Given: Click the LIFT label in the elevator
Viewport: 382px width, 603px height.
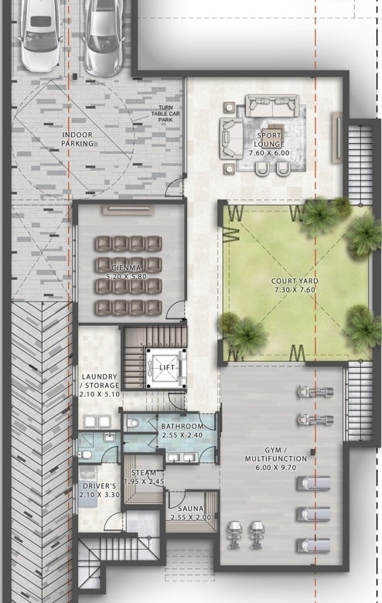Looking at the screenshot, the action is point(167,368).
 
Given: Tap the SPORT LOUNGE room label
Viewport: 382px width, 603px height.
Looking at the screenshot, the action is point(269,140).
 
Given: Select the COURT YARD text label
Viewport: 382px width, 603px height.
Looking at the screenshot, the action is point(295,281).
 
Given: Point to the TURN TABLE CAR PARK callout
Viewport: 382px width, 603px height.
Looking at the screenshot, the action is point(165,114).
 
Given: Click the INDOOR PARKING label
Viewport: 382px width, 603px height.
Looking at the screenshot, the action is point(77,139).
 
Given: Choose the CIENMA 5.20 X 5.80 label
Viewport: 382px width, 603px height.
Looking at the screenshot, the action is point(127,272).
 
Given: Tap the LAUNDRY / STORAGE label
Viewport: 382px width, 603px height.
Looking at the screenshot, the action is point(100,381).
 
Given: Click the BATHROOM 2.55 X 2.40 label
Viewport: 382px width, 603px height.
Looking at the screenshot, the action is point(182,431).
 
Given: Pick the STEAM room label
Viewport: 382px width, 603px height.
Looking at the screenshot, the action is point(144,472).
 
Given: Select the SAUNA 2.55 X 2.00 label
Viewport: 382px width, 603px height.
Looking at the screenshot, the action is point(191,513).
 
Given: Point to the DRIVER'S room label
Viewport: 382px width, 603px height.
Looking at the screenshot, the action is point(99,486).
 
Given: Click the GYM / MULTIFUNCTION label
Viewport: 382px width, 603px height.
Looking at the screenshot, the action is point(276,454).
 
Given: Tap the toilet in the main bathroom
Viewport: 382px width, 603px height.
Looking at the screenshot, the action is point(133,423).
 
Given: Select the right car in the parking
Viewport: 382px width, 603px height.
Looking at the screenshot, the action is point(103,38).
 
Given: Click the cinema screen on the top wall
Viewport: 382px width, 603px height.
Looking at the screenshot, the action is point(128,209).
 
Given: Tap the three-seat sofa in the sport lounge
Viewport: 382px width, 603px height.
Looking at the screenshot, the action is point(273,105).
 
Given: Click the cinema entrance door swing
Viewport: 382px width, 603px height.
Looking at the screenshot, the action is point(175,310).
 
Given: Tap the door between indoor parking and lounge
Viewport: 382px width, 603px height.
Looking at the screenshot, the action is point(175,188).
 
